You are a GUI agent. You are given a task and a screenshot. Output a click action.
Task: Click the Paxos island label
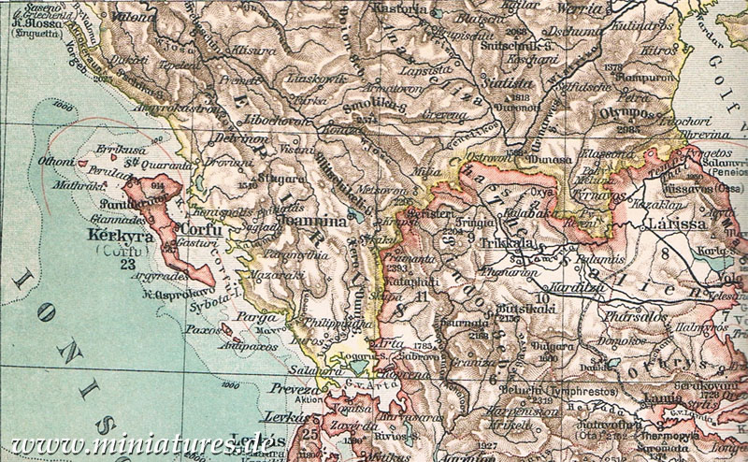(x=206, y=330)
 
